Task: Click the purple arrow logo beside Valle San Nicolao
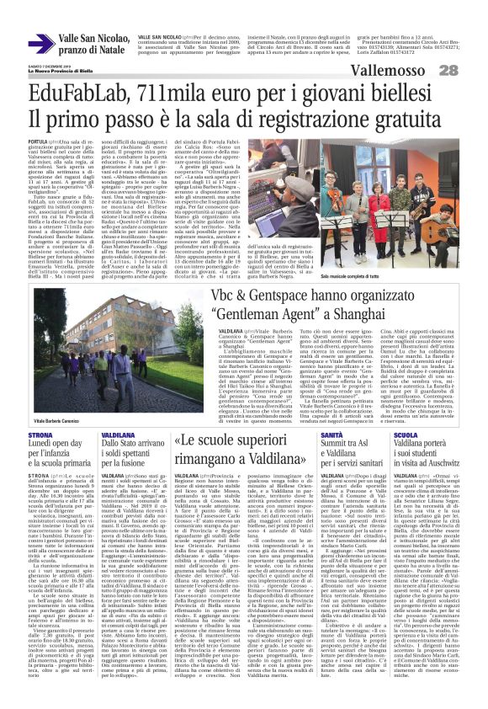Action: (x=40, y=43)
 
